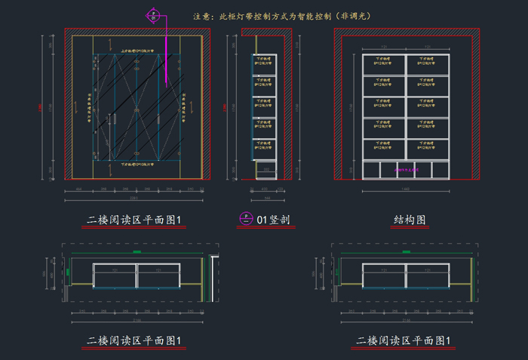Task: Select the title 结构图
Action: [x=410, y=220]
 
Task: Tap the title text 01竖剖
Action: [x=274, y=220]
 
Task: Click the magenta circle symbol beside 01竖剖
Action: [x=245, y=220]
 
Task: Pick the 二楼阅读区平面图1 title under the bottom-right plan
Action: [x=404, y=341]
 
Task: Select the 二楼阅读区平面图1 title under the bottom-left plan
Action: [x=136, y=341]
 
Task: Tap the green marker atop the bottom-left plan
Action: [x=137, y=251]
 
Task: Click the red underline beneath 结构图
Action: [x=410, y=228]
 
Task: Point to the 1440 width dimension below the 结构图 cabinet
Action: [x=406, y=190]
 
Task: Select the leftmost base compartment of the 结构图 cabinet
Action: [x=371, y=171]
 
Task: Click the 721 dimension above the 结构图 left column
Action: [x=384, y=48]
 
